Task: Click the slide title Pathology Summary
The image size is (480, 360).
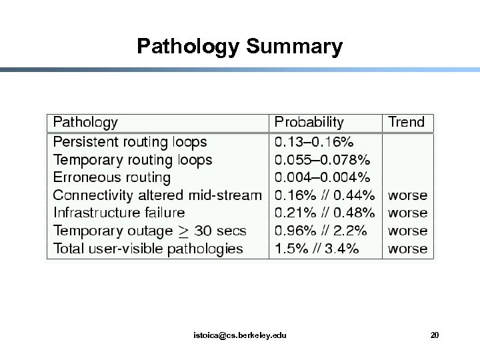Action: pyautogui.click(x=239, y=47)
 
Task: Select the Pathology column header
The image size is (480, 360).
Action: pyautogui.click(x=85, y=123)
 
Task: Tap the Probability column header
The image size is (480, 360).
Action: pyautogui.click(x=309, y=123)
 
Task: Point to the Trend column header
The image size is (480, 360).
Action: pyautogui.click(x=406, y=123)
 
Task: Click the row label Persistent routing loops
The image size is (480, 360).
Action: pyautogui.click(x=130, y=142)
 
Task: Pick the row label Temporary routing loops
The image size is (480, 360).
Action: pyautogui.click(x=133, y=160)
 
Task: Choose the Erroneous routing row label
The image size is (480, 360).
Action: pyautogui.click(x=112, y=178)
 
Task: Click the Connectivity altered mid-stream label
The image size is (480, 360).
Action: pyautogui.click(x=157, y=195)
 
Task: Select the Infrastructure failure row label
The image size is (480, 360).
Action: pyautogui.click(x=119, y=213)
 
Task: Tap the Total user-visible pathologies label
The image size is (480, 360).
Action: pyautogui.click(x=148, y=249)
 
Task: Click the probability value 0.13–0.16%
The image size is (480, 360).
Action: pyautogui.click(x=314, y=142)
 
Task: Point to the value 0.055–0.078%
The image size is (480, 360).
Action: pyautogui.click(x=323, y=160)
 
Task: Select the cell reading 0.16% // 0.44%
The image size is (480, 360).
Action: pyautogui.click(x=325, y=195)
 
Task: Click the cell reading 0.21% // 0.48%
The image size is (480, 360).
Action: pyautogui.click(x=325, y=213)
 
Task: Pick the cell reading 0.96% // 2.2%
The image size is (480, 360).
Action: pyautogui.click(x=321, y=231)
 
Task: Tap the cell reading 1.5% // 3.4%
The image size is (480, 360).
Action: pyautogui.click(x=317, y=249)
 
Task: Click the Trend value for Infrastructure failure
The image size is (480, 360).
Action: pyautogui.click(x=408, y=213)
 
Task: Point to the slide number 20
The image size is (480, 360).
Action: pyautogui.click(x=435, y=335)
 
